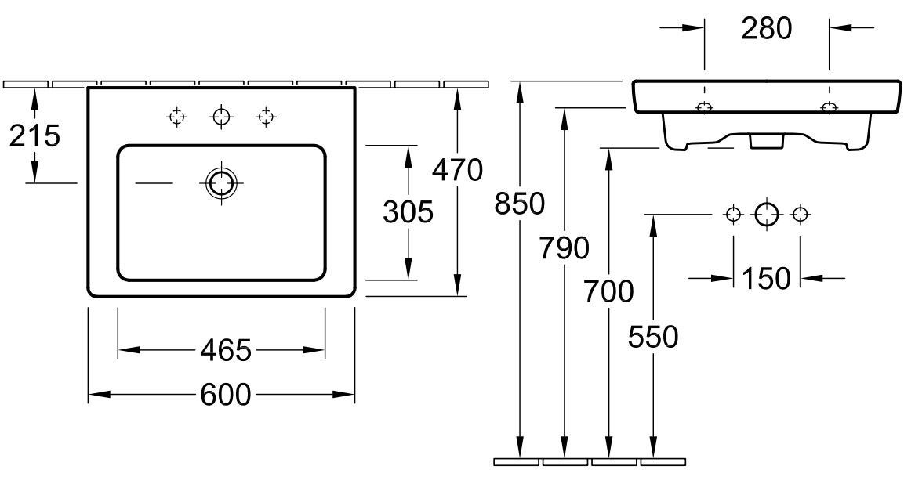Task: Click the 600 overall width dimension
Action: tap(226, 395)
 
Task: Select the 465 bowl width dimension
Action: tap(226, 350)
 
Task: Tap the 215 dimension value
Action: tap(34, 136)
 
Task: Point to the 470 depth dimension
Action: tap(457, 169)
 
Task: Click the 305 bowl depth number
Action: tap(408, 212)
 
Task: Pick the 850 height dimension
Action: tap(520, 204)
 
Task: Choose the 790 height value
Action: tap(564, 247)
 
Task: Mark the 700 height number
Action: tap(608, 291)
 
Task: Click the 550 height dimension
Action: tap(653, 337)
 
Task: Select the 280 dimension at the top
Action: tap(767, 28)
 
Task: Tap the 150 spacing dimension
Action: tap(766, 279)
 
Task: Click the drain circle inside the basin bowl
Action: tap(221, 183)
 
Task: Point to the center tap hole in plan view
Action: tap(221, 117)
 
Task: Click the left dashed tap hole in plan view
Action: tap(176, 117)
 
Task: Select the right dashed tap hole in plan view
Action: tap(266, 117)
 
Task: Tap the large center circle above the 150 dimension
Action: tap(767, 215)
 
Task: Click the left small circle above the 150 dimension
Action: tap(733, 215)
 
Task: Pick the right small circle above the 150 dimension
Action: tap(801, 215)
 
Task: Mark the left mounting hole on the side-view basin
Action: tap(705, 107)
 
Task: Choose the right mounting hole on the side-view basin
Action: tap(830, 107)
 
